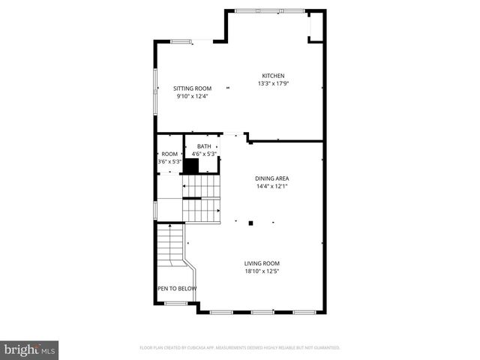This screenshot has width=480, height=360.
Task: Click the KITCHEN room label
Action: (272, 76)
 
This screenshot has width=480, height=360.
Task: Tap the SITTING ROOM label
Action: (193, 88)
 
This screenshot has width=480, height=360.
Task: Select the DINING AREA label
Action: (271, 178)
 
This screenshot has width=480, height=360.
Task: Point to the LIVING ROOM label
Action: (262, 263)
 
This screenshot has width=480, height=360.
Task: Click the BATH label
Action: (204, 146)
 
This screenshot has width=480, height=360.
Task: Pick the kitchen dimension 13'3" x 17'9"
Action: (272, 83)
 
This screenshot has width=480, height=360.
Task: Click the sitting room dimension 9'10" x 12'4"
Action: (193, 96)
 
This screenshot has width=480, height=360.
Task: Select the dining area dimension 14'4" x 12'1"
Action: (271, 185)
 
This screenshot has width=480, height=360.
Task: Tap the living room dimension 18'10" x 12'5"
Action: (262, 271)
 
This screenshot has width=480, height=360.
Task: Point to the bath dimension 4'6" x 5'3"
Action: (204, 154)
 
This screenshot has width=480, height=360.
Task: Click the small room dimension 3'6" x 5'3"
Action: (169, 161)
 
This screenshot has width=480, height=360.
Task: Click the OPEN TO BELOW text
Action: (177, 289)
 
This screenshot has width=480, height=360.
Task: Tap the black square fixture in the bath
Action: (191, 166)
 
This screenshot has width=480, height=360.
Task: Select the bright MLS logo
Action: (29, 349)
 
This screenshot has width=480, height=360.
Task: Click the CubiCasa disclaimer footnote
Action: (240, 348)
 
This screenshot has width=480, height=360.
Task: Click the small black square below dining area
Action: (252, 222)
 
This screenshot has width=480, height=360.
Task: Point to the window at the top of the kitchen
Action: (270, 10)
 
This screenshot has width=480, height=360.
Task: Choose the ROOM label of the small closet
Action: (169, 154)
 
